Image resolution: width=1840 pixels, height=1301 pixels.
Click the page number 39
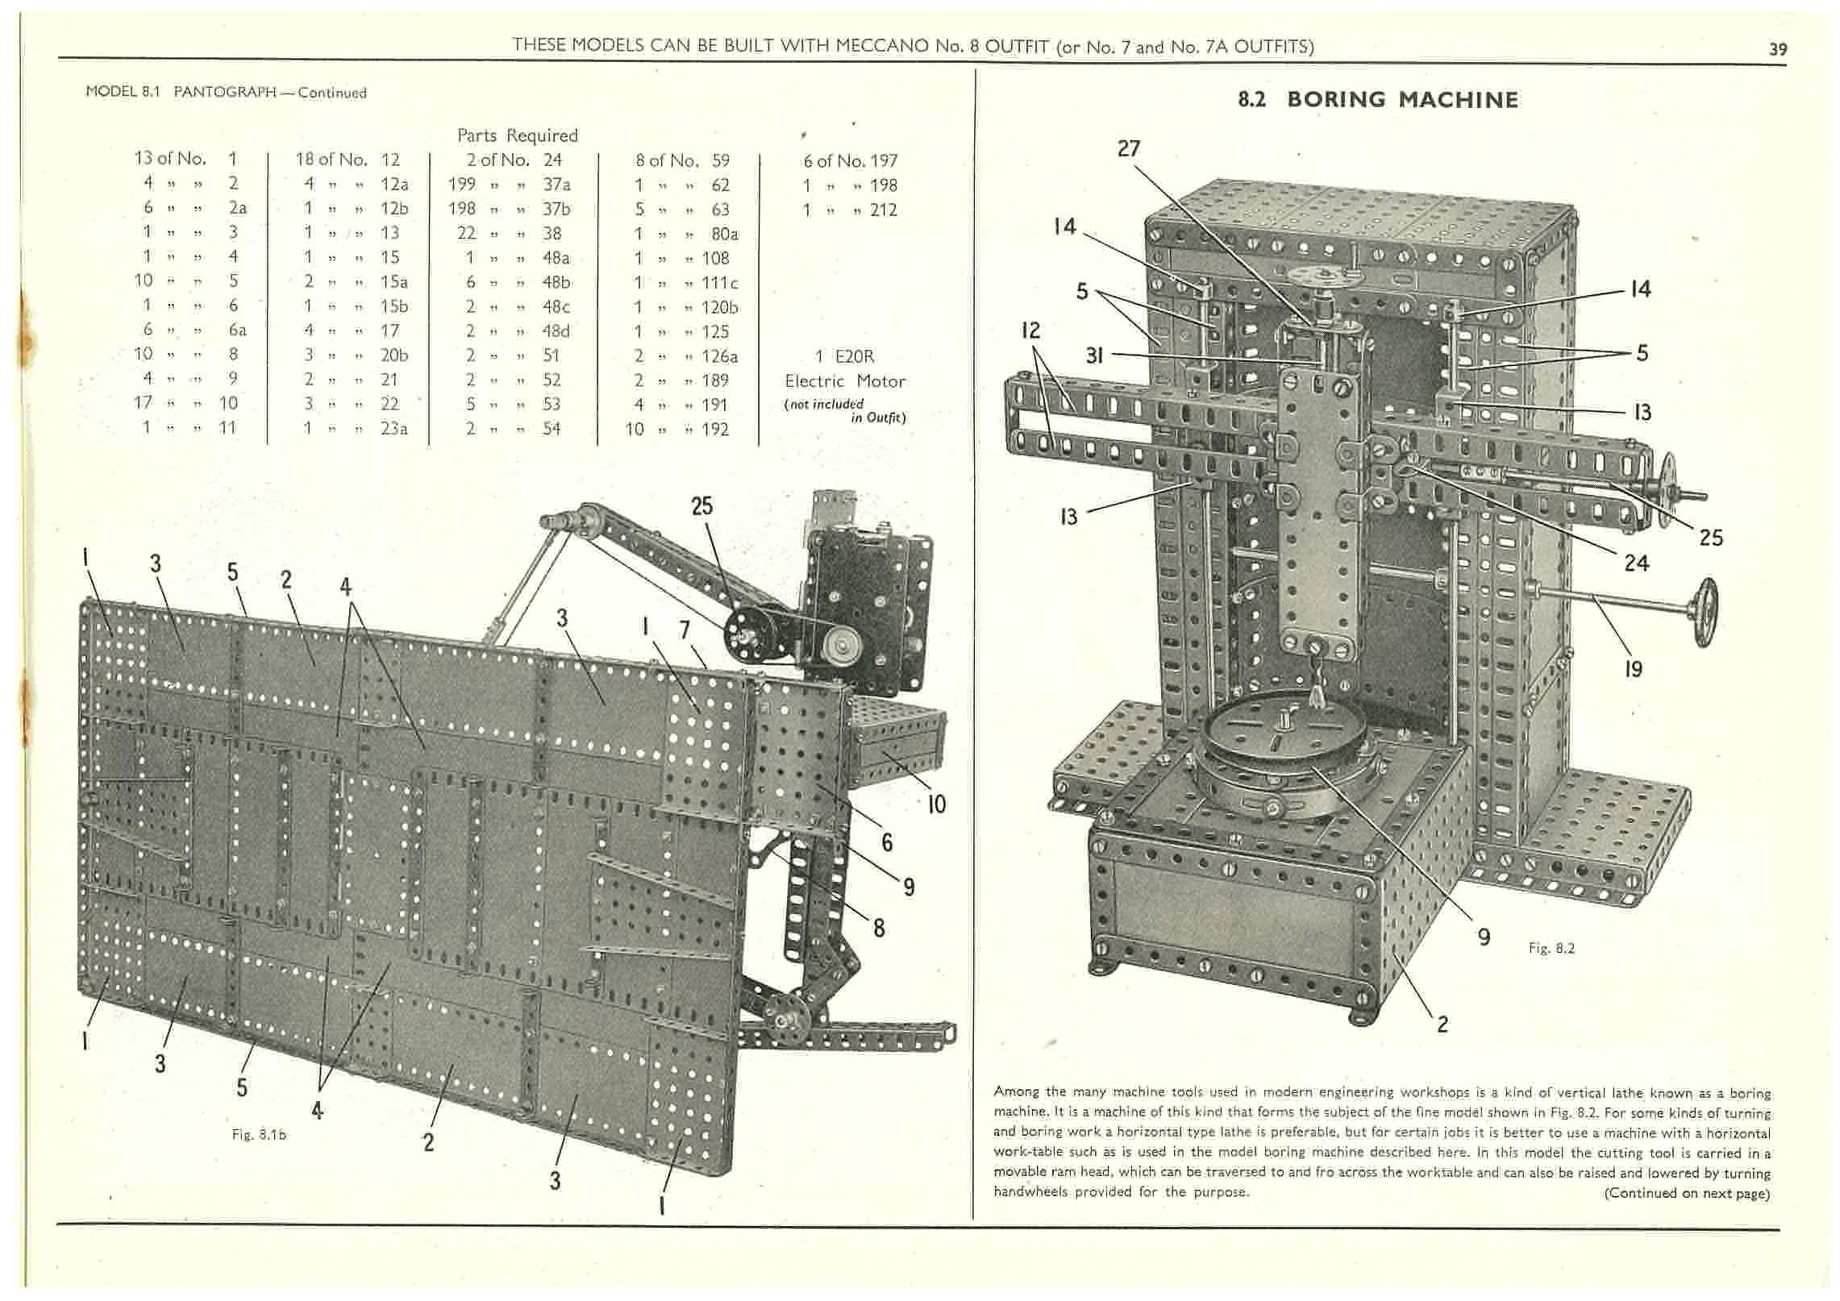coord(1777,49)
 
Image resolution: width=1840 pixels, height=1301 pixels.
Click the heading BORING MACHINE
coord(1402,100)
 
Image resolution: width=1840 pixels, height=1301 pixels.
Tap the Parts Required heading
coord(517,135)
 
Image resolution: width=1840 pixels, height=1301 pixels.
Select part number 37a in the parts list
coord(556,185)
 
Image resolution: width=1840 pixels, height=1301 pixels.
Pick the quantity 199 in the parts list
coord(461,185)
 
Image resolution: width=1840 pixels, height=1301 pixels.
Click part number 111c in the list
coord(720,283)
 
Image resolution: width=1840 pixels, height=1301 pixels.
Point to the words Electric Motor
coord(845,381)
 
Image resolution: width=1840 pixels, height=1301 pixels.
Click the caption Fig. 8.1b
coord(259,1134)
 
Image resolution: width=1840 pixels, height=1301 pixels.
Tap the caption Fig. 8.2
coord(1551,949)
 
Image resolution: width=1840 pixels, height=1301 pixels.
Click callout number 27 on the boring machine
coord(1129,148)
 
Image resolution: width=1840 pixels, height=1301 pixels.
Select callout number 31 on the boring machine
coord(1093,355)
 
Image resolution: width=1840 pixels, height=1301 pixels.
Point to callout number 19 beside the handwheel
coord(1633,668)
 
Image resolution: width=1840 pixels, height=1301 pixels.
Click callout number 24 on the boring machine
coord(1636,563)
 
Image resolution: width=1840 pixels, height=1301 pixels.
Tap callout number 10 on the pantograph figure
coord(936,804)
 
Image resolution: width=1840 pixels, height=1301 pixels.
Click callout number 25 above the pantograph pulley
coord(701,506)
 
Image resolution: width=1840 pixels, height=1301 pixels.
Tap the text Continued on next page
coord(1687,1193)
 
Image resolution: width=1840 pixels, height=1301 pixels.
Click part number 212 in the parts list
coord(884,210)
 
